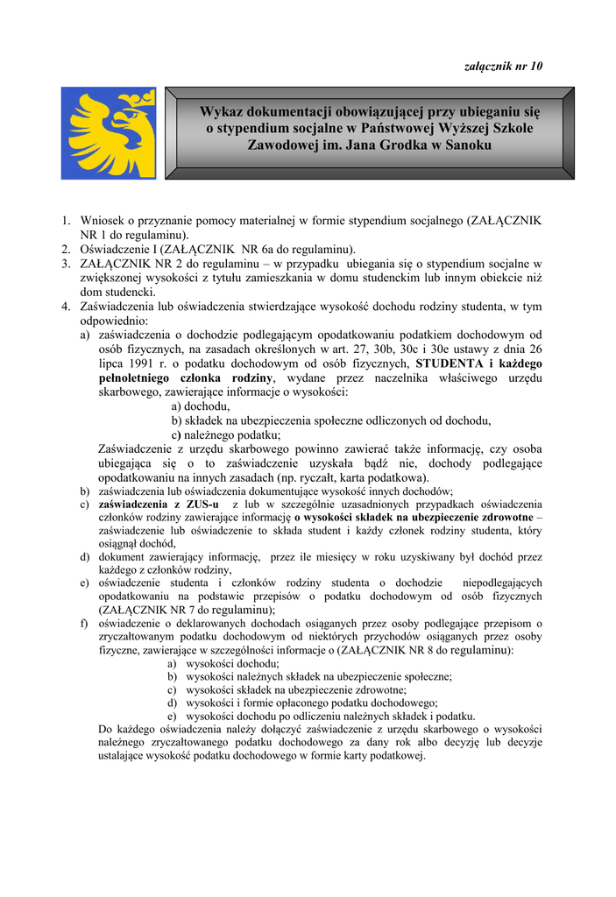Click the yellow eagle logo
click(x=108, y=133)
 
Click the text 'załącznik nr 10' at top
click(x=502, y=67)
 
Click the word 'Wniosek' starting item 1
click(x=102, y=222)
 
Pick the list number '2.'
click(x=67, y=249)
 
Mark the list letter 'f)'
click(x=84, y=624)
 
